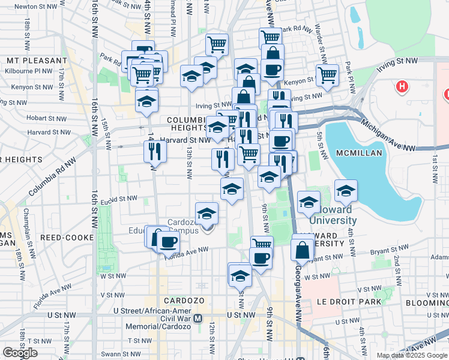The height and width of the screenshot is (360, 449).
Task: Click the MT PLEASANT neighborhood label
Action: coord(37,61)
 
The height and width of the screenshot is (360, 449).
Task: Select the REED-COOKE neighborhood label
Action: coord(67,238)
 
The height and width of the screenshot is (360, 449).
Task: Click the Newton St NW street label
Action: coord(35,6)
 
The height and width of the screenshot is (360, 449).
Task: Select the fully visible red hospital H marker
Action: coord(402,87)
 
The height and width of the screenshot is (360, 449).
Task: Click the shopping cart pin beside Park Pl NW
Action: coord(327,75)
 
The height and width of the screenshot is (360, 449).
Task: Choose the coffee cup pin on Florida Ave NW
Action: coord(168,242)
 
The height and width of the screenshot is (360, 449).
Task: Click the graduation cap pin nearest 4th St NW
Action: coord(346,191)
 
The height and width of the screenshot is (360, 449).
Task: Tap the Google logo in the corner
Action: coord(20,353)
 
